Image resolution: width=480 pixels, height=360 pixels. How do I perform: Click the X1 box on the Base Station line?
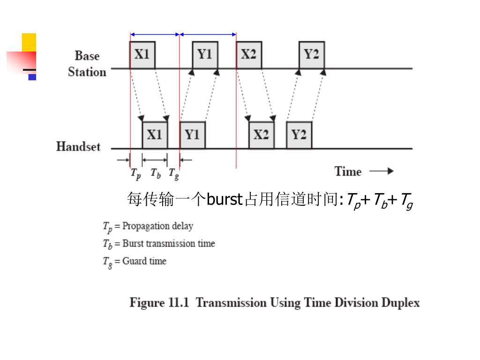point(142,55)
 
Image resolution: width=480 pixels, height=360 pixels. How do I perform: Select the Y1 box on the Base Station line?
point(205,55)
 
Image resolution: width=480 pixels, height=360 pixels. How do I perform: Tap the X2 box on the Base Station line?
point(249,55)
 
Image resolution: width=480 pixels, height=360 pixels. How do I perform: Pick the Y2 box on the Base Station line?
point(312,55)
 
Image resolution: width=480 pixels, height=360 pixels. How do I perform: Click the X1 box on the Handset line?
point(155,135)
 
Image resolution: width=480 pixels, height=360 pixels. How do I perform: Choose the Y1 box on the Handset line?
point(192,135)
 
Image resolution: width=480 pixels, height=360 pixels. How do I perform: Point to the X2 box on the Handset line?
point(261,135)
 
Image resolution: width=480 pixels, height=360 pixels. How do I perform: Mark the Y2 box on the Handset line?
point(299,135)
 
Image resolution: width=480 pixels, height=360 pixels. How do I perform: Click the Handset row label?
point(78,146)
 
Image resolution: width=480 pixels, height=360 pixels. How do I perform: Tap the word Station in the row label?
point(87,72)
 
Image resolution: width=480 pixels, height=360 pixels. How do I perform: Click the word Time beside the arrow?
point(348,172)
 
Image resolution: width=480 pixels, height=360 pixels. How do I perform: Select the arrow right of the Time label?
point(382,172)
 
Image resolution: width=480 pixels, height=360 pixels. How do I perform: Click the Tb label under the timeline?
point(156,173)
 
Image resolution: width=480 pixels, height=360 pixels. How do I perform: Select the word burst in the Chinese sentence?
point(224,200)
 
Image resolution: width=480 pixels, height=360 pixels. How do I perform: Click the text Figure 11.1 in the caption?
point(159,302)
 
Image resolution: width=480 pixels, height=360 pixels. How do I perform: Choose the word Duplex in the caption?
point(400,303)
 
